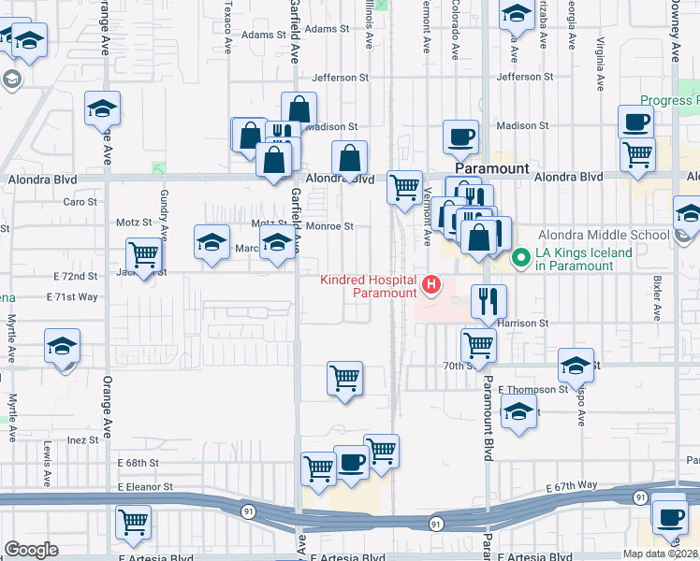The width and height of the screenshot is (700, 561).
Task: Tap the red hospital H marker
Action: pyautogui.click(x=432, y=284)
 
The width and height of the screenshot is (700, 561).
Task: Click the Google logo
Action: pyautogui.click(x=31, y=550)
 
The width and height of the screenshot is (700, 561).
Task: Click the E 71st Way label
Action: pyautogui.click(x=72, y=296)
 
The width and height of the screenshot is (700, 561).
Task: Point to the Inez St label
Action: pyautogui.click(x=82, y=439)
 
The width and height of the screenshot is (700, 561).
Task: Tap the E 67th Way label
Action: pyautogui.click(x=572, y=486)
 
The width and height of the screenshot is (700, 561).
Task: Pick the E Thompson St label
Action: pyautogui.click(x=533, y=389)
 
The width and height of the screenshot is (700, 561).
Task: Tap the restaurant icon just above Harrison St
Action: pyautogui.click(x=489, y=300)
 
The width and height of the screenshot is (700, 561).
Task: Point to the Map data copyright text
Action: pyautogui.click(x=661, y=554)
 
